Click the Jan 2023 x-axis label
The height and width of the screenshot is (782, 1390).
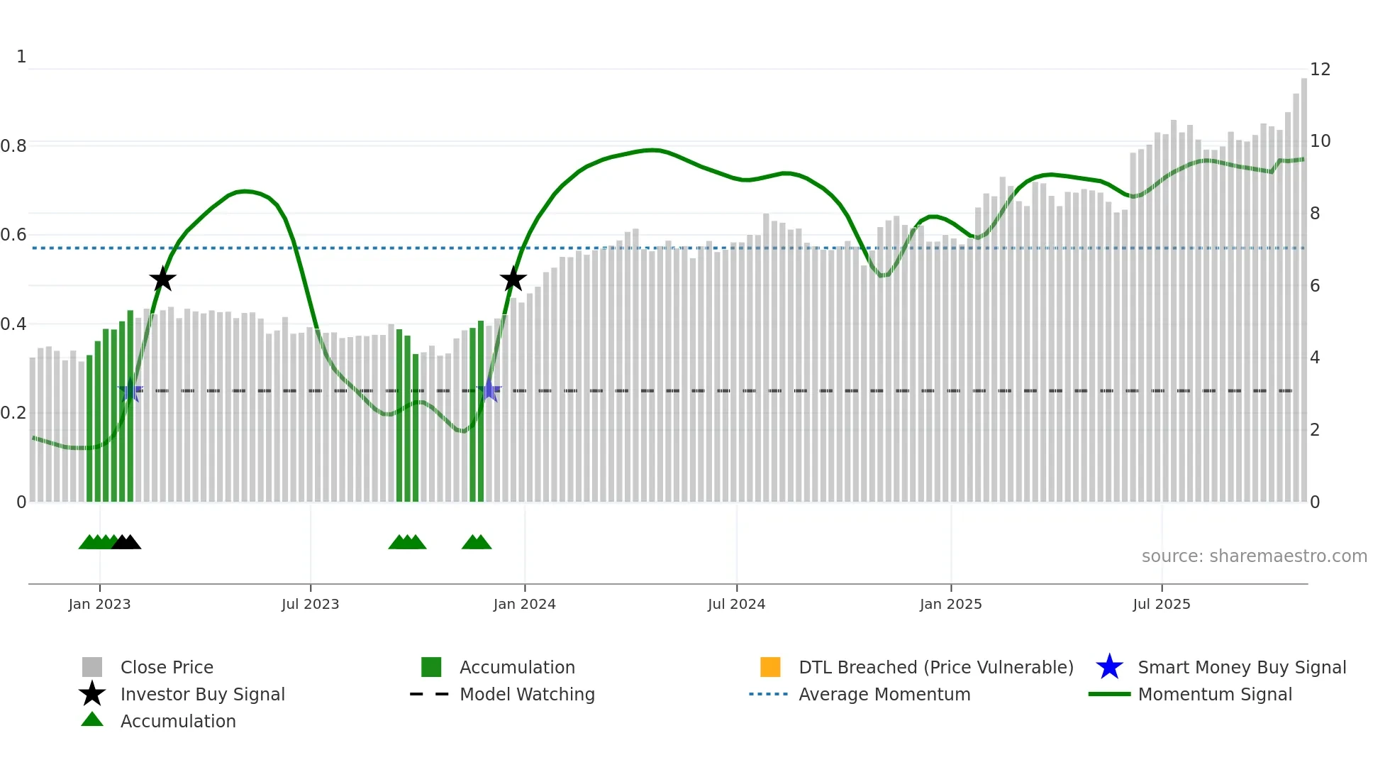click(x=99, y=605)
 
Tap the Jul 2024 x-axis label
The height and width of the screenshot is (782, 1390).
click(x=736, y=605)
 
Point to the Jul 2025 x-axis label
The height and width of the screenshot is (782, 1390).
click(x=1161, y=605)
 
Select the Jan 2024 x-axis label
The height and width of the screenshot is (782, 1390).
click(x=524, y=605)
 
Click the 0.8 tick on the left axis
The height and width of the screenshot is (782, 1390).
click(x=13, y=146)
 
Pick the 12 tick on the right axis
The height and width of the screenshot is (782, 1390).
click(x=1320, y=70)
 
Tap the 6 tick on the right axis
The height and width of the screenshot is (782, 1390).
click(x=1315, y=286)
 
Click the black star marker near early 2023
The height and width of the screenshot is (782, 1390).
click(x=162, y=279)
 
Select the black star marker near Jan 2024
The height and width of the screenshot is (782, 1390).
click(x=513, y=279)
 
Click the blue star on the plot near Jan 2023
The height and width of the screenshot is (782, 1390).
click(x=130, y=390)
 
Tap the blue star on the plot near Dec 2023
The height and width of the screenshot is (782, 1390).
click(x=489, y=390)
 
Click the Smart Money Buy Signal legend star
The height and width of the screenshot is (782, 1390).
click(x=1109, y=667)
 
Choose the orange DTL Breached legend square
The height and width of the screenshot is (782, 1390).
click(x=770, y=667)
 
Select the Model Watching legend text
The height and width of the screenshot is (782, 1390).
click(x=527, y=695)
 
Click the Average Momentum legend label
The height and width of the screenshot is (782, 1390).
click(x=884, y=695)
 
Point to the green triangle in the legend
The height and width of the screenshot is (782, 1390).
click(x=92, y=720)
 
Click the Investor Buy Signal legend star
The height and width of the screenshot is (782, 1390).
click(x=92, y=694)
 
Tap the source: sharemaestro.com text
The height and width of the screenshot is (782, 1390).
click(x=1254, y=556)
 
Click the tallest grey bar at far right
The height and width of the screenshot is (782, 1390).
click(x=1303, y=284)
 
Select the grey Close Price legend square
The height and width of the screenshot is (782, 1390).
click(x=92, y=667)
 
